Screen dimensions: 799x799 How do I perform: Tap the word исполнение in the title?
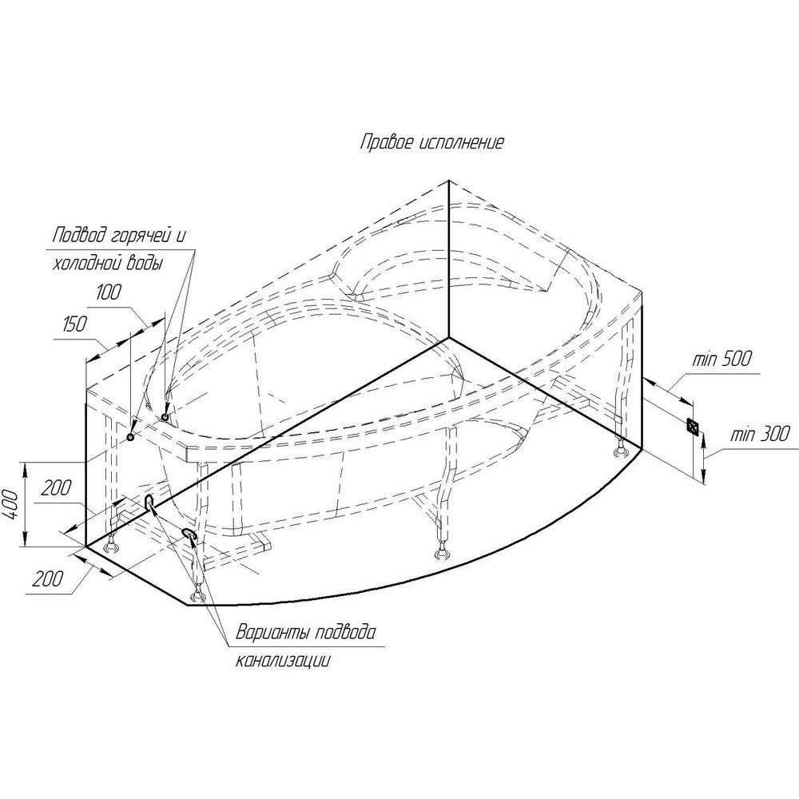point(462,142)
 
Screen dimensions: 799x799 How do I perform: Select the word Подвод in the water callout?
point(80,236)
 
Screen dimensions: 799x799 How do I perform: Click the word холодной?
point(90,264)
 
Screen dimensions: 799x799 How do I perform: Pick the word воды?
point(148,264)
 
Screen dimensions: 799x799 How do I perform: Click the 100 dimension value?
point(109,292)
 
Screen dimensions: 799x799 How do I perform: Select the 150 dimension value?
point(75,324)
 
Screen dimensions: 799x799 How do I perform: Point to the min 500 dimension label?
point(722,360)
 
